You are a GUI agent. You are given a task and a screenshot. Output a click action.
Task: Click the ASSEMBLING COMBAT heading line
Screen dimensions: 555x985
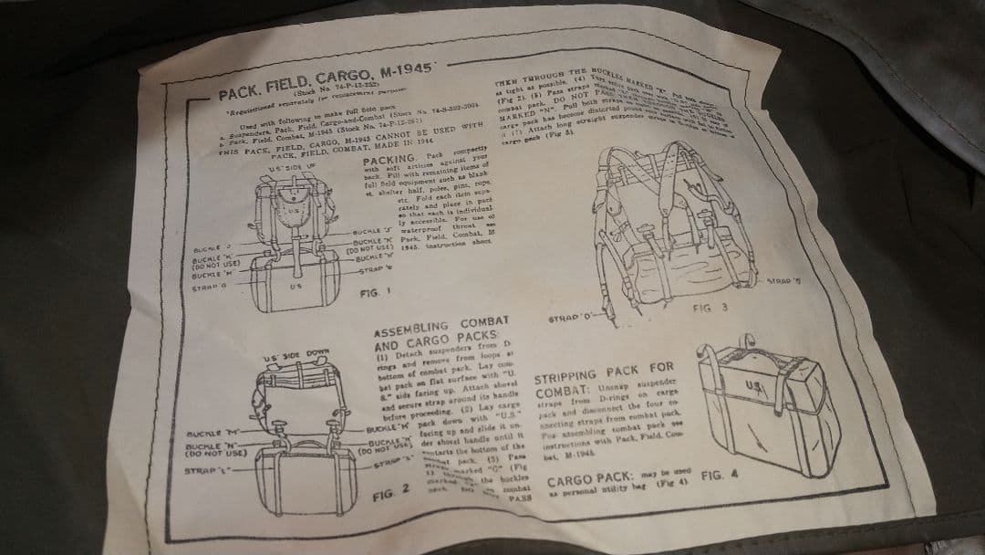point(435,327)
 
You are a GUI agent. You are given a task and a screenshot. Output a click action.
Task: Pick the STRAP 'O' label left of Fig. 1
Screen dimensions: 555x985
point(209,287)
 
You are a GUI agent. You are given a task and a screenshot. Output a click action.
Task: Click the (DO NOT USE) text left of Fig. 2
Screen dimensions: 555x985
point(217,452)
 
